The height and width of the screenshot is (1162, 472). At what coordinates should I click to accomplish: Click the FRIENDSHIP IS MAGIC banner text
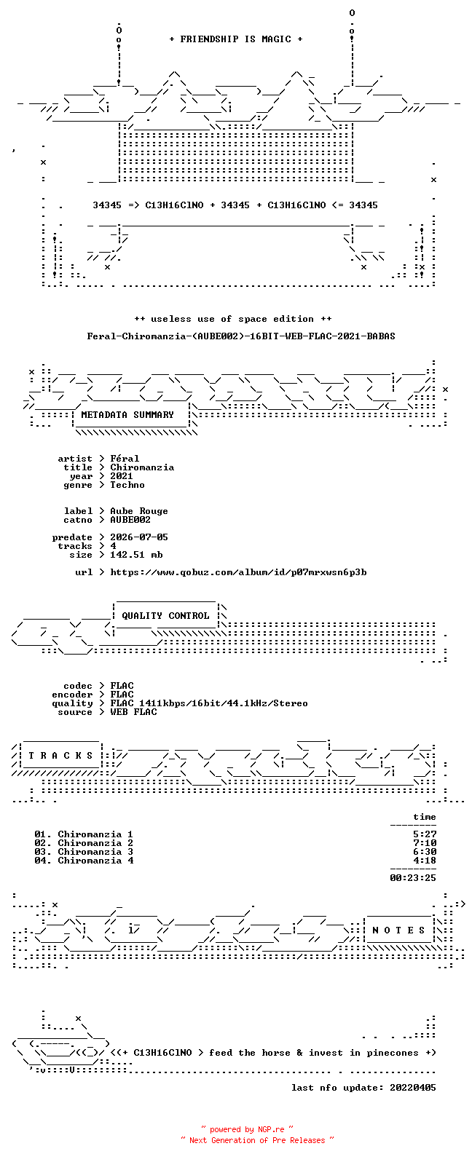[x=236, y=39]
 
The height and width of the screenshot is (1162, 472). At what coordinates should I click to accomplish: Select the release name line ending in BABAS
[x=241, y=336]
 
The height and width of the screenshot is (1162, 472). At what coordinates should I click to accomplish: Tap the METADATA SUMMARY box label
[x=127, y=415]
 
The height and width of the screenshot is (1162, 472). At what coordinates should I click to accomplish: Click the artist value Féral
[x=125, y=459]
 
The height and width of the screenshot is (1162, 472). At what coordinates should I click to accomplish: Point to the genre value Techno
[x=127, y=485]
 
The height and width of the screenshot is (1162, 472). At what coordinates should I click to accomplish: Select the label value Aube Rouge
[x=139, y=511]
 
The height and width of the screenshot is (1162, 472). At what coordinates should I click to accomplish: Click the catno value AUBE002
[x=130, y=520]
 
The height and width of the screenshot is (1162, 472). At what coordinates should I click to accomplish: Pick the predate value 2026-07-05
[x=139, y=537]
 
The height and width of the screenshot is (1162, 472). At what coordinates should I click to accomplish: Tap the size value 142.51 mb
[x=136, y=555]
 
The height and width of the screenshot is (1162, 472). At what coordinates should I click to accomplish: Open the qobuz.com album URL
[x=238, y=572]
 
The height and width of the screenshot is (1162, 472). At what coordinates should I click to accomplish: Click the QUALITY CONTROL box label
[x=165, y=616]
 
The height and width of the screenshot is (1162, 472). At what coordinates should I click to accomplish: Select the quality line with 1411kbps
[x=209, y=703]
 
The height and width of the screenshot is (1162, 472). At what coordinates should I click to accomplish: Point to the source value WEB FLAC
[x=133, y=712]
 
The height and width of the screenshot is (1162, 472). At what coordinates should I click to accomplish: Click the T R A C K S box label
[x=60, y=756]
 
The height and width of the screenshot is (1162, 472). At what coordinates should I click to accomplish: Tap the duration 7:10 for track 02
[x=425, y=843]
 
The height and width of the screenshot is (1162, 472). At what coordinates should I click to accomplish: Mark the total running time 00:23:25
[x=413, y=878]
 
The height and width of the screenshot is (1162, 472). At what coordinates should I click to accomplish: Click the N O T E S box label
[x=398, y=930]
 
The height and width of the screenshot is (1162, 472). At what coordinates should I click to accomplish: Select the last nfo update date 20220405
[x=413, y=1087]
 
